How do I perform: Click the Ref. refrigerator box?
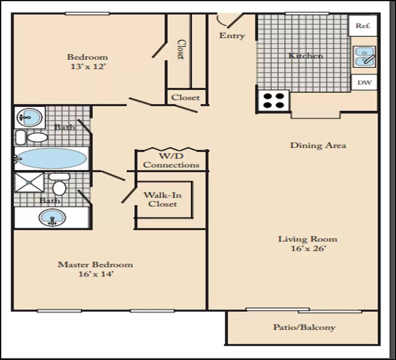coord(363,25)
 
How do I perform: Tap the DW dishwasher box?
coord(364,82)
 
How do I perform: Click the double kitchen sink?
coord(364,57)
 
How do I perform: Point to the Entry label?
coord(232,36)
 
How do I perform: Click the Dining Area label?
coord(318,145)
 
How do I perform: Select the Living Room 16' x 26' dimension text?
coord(308,248)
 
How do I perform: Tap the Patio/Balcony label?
coord(304,327)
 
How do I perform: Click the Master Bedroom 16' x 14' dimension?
coord(95,274)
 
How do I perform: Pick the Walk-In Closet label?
coord(163,199)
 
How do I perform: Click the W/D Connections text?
coord(171,160)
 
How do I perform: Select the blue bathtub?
coord(51,158)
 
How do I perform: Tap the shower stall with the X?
coord(29,182)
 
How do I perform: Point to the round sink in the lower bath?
coord(52,217)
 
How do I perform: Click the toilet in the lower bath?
coord(59,184)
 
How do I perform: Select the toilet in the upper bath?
coord(32,137)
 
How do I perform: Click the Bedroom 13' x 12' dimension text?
coord(88,67)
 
